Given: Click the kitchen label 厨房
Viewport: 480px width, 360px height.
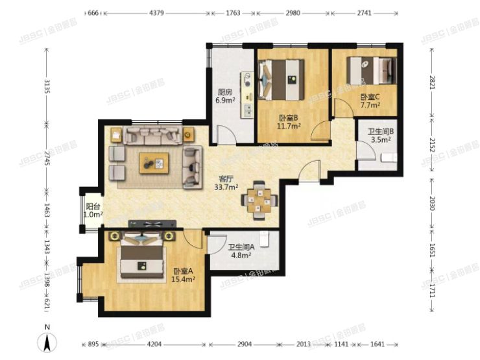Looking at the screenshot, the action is click(224, 91).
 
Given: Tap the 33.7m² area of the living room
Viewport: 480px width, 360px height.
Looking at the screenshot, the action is click(226, 187).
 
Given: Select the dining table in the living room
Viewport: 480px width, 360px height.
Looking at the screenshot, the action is click(259, 200).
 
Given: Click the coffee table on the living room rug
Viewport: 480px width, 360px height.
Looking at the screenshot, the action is click(154, 163).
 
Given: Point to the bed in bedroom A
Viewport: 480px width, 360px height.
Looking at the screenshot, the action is click(141, 256).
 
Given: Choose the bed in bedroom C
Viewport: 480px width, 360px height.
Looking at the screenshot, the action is click(371, 71).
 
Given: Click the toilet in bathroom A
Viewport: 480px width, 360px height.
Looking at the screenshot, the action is click(264, 239).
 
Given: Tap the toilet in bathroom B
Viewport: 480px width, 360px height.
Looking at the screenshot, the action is click(389, 158).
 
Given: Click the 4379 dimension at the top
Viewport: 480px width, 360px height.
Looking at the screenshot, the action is click(156, 13).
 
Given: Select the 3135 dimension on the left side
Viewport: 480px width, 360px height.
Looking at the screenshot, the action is click(47, 86).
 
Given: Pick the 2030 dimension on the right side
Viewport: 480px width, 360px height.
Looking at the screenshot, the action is click(432, 203).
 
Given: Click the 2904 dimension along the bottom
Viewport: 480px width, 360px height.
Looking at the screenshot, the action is click(245, 344).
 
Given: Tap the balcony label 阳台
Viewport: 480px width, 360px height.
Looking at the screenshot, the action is click(93, 206).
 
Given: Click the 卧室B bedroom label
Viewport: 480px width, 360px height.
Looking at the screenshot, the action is click(288, 117).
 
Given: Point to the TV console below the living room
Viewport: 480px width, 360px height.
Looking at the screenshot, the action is click(152, 224).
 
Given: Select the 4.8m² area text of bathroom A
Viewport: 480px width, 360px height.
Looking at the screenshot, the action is click(241, 255).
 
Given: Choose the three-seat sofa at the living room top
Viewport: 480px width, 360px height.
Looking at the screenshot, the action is click(152, 136).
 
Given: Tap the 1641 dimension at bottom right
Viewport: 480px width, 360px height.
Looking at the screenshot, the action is click(377, 344).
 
